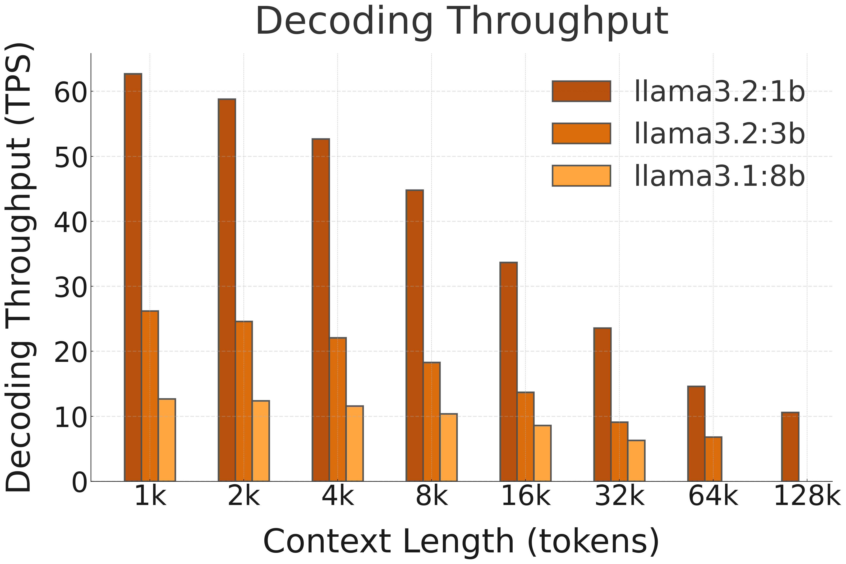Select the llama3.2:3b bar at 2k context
click(244, 401)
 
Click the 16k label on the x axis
click(525, 496)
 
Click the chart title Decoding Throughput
click(462, 22)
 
